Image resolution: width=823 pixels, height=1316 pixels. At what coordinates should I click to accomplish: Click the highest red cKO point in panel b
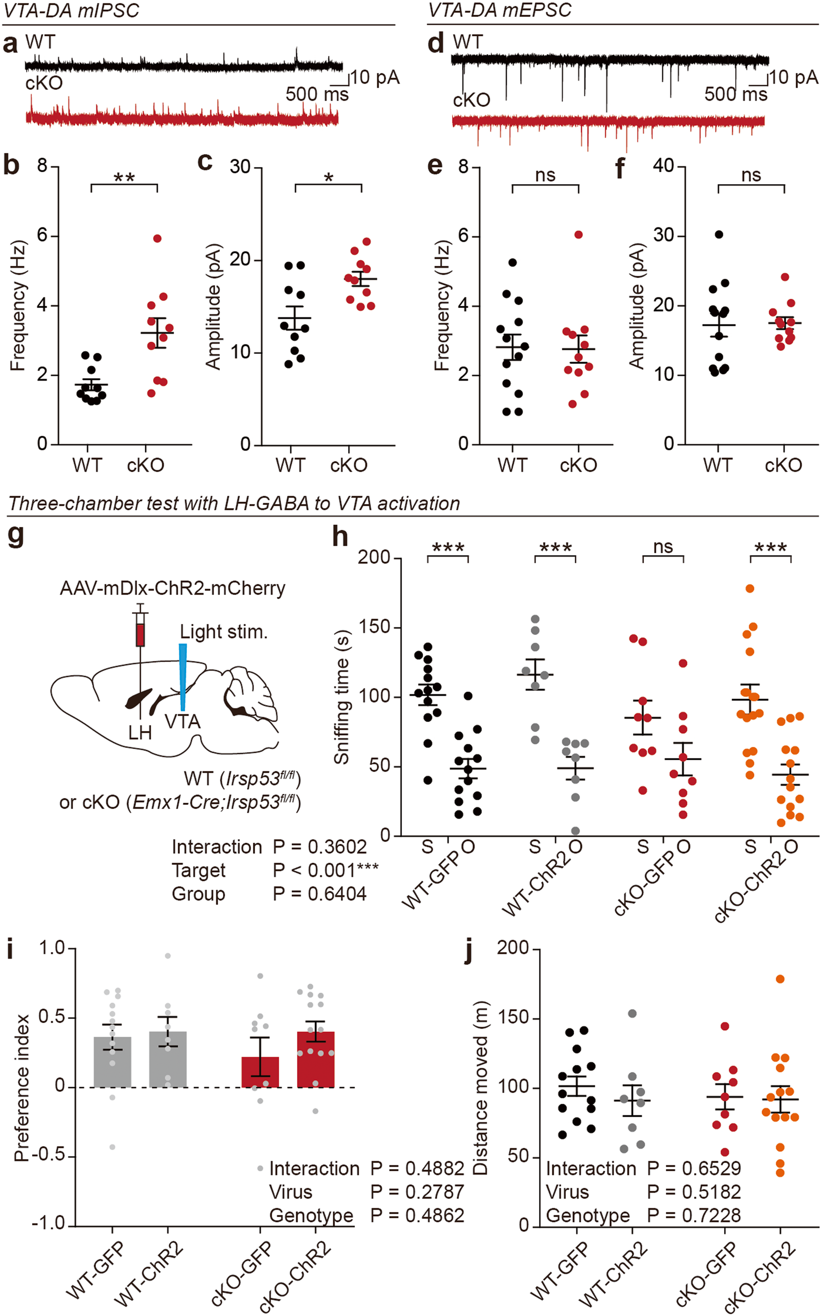click(x=157, y=238)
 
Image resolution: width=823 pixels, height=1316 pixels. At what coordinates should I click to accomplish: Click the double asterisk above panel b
click(x=124, y=178)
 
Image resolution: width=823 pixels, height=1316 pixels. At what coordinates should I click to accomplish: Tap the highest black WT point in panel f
click(x=719, y=235)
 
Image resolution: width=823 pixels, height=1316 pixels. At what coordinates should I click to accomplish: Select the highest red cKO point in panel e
click(x=578, y=235)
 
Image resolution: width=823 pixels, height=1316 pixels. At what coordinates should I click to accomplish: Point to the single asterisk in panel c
click(x=328, y=178)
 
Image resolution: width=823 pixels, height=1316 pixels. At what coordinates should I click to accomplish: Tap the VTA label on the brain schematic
click(x=183, y=722)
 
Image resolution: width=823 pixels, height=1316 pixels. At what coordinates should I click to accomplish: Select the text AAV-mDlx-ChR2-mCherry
click(x=172, y=589)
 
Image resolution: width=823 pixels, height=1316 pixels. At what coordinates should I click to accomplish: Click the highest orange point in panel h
click(x=750, y=589)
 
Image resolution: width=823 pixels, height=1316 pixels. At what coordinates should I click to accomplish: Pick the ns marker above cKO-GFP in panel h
click(x=663, y=546)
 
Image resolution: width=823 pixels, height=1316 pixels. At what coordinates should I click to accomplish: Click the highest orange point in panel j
click(x=780, y=979)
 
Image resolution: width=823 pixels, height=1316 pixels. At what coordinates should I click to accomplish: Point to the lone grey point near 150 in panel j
click(x=633, y=1014)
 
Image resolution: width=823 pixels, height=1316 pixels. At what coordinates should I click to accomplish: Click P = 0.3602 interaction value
click(x=320, y=847)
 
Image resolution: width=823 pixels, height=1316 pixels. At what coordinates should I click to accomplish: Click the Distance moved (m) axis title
click(x=480, y=1087)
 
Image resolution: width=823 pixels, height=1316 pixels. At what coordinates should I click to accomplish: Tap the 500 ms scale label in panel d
click(x=735, y=94)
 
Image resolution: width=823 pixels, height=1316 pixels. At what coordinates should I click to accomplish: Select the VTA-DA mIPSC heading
click(x=72, y=11)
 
